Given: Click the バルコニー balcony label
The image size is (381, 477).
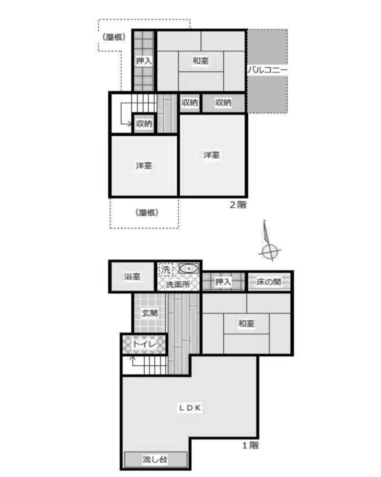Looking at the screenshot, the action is (x=267, y=71).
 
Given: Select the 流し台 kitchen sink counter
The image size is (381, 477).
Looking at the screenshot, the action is (x=156, y=460).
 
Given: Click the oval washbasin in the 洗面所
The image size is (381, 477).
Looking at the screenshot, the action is (x=188, y=269).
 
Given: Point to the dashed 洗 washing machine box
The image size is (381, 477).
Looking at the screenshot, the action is (x=166, y=270).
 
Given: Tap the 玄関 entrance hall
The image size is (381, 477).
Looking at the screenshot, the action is (x=150, y=313).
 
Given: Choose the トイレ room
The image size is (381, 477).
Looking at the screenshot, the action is (x=144, y=344).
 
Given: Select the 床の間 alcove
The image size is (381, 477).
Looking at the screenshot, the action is (x=269, y=282).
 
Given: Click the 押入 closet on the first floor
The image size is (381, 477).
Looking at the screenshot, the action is (x=223, y=282).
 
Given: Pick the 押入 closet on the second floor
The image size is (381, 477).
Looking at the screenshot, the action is (x=144, y=61).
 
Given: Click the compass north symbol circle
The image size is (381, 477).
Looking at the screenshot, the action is (x=269, y=252).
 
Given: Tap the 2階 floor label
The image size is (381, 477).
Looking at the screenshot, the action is (x=238, y=205).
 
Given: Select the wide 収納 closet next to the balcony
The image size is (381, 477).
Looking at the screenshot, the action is (x=224, y=103).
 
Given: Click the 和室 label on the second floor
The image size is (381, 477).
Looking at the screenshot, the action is (x=201, y=61).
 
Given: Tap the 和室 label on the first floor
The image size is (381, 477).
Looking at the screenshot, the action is (x=246, y=324).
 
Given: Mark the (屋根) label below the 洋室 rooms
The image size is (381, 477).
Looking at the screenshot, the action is (x=147, y=213).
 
